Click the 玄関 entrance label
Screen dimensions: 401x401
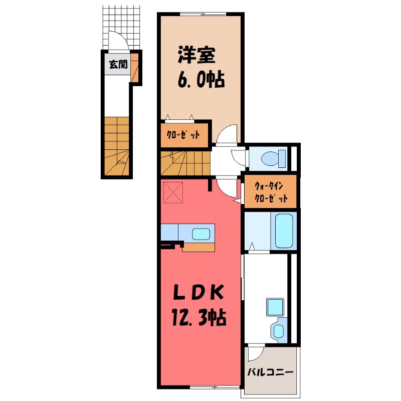click(119, 65)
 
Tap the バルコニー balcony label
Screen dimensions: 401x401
click(270, 373)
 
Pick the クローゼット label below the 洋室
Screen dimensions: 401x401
click(184, 135)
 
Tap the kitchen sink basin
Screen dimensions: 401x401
click(202, 234)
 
